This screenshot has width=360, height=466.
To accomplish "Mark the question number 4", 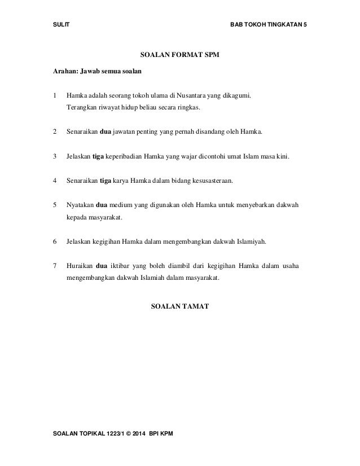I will (x=54, y=182).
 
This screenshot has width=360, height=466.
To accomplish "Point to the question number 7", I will (x=54, y=266).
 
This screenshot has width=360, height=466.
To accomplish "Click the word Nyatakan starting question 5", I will (x=81, y=206).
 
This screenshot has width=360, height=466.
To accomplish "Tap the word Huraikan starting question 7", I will (x=81, y=266).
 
